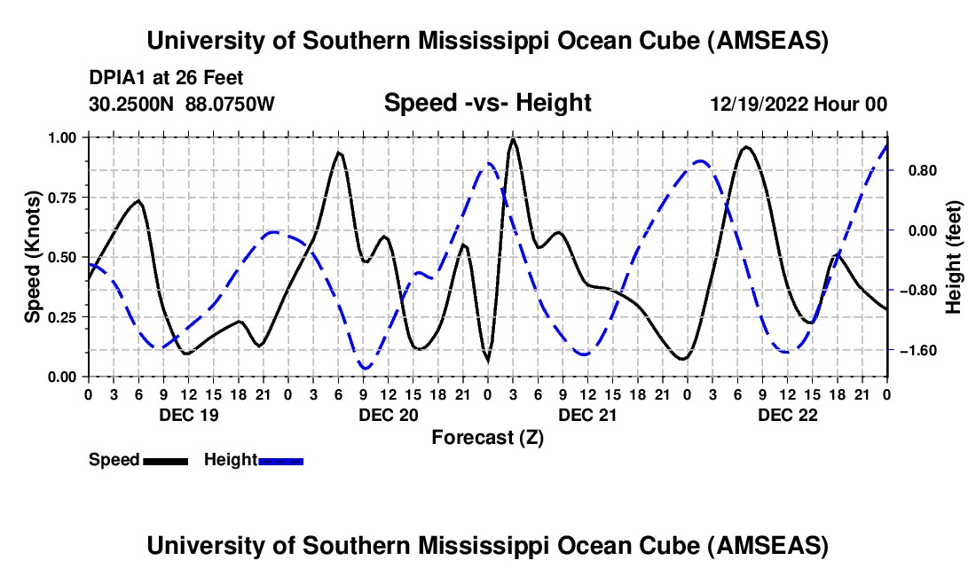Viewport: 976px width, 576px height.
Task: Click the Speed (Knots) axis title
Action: click(x=32, y=257)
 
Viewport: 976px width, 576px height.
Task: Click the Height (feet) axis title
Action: click(x=954, y=257)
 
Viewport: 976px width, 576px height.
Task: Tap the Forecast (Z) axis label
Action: click(x=487, y=437)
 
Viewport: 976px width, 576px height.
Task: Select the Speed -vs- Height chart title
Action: click(x=487, y=103)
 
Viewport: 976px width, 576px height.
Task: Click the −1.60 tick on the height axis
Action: click(x=917, y=350)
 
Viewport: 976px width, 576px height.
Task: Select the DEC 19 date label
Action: click(x=187, y=415)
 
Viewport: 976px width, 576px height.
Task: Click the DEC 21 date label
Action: click(x=587, y=415)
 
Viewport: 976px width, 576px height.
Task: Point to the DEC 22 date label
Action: click(x=787, y=415)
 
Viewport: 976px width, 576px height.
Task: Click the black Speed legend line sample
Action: click(x=165, y=460)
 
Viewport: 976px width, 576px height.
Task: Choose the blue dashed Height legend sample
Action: click(x=280, y=460)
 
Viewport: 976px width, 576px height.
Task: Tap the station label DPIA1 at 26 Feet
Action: click(x=166, y=78)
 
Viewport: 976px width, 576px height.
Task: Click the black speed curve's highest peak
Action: click(x=513, y=139)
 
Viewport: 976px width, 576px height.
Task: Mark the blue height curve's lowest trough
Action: click(x=365, y=368)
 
